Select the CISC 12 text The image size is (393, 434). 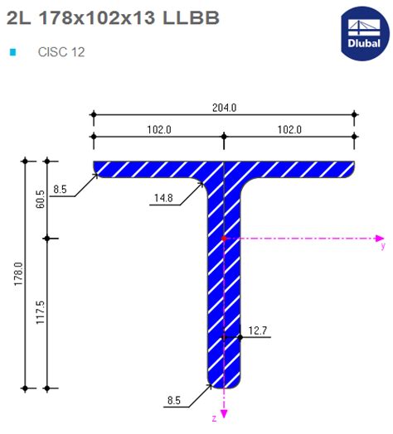pyautogui.click(x=61, y=52)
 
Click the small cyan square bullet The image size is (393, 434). pyautogui.click(x=12, y=52)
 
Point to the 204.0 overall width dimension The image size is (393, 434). pyautogui.click(x=225, y=108)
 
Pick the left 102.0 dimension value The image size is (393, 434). pyautogui.click(x=159, y=129)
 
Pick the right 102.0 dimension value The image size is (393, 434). pyautogui.click(x=290, y=129)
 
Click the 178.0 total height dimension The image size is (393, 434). pyautogui.click(x=17, y=272)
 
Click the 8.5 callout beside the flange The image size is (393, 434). pyautogui.click(x=60, y=190)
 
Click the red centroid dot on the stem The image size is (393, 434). pyautogui.click(x=224, y=239)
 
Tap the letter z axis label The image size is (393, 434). pyautogui.click(x=214, y=418)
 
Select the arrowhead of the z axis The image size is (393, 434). pyautogui.click(x=224, y=412)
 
